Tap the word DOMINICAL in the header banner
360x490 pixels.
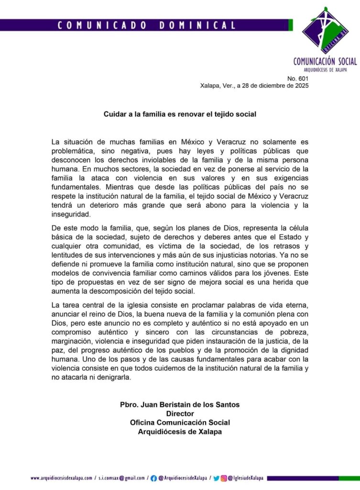[x=197, y=25]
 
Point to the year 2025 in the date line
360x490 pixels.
[x=300, y=86]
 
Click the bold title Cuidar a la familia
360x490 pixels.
[x=181, y=114]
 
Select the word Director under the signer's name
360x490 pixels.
[x=180, y=413]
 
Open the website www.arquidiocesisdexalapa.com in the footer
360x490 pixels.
[x=62, y=478]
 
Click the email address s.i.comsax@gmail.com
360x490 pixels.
[x=122, y=478]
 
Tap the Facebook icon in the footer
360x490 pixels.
[x=153, y=478]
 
